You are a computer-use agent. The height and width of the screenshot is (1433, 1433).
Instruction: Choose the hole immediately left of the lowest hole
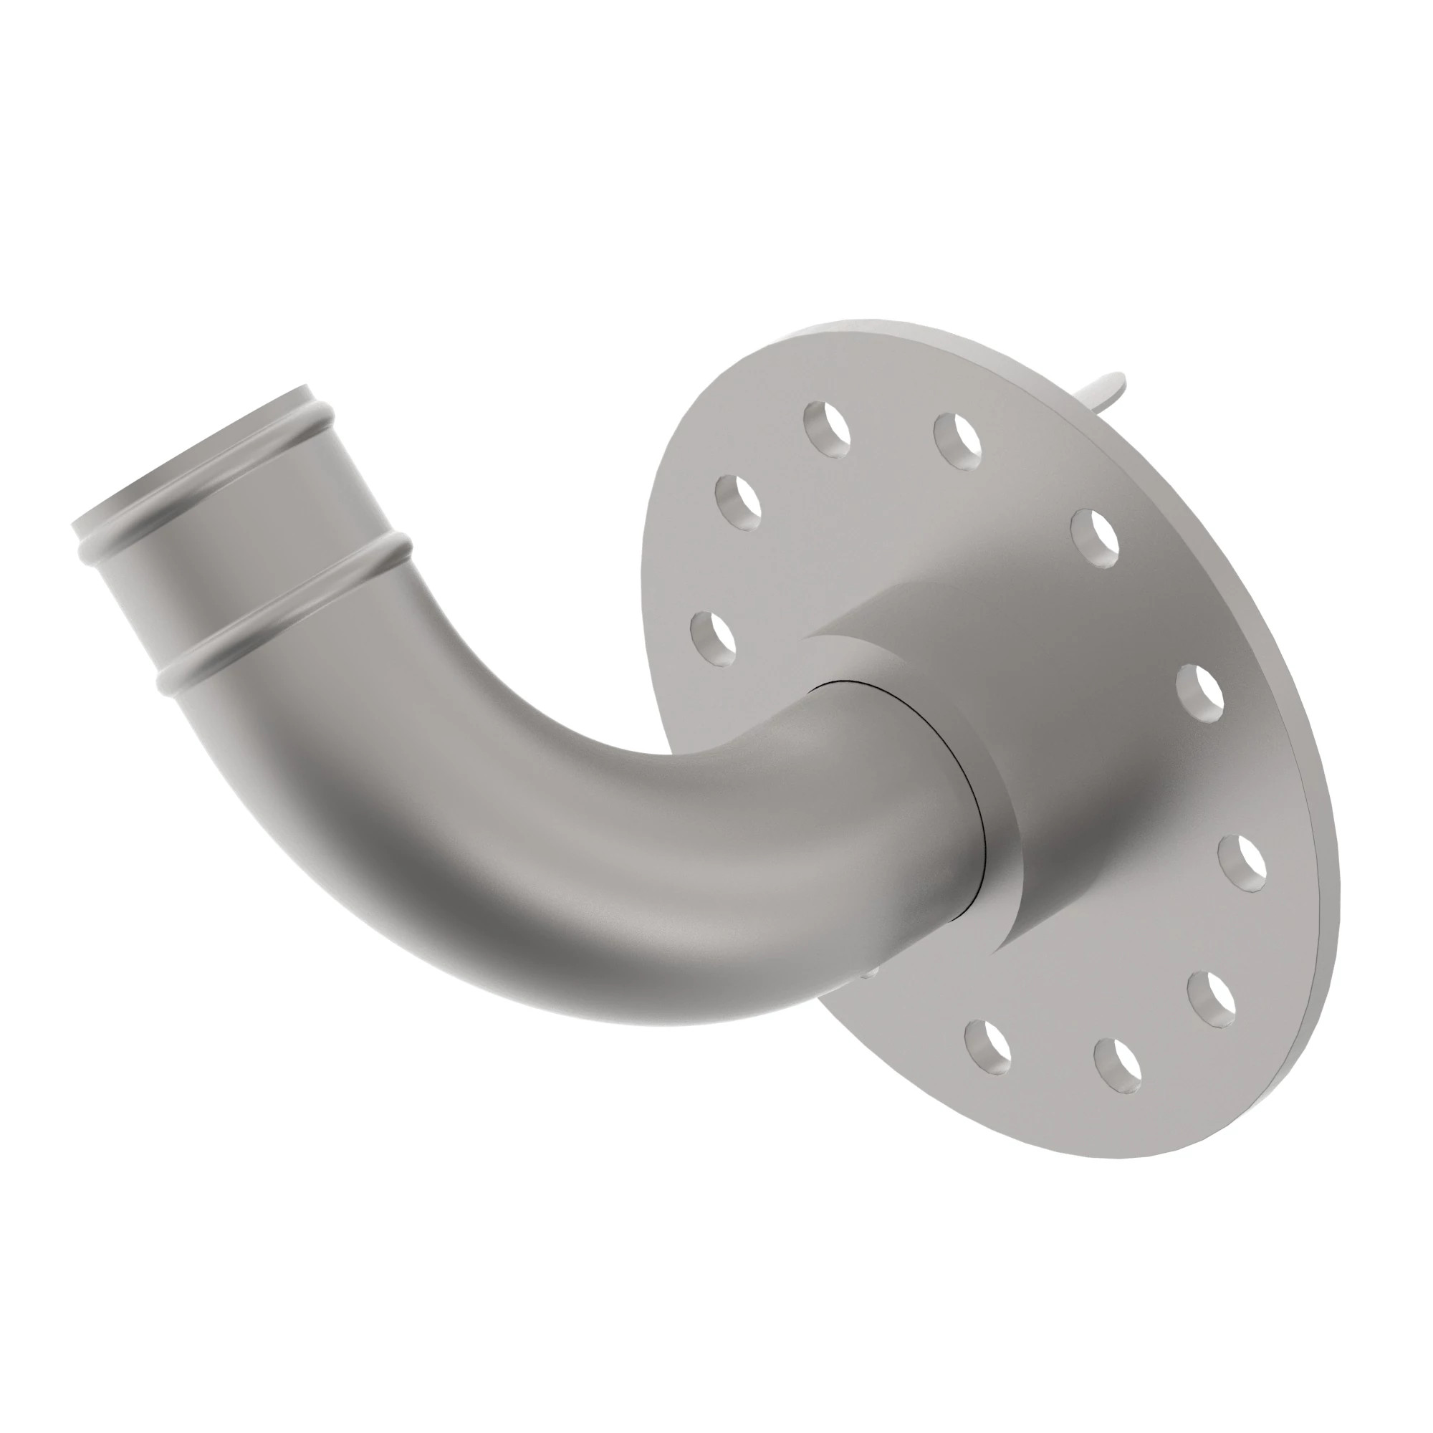[989, 1047]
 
